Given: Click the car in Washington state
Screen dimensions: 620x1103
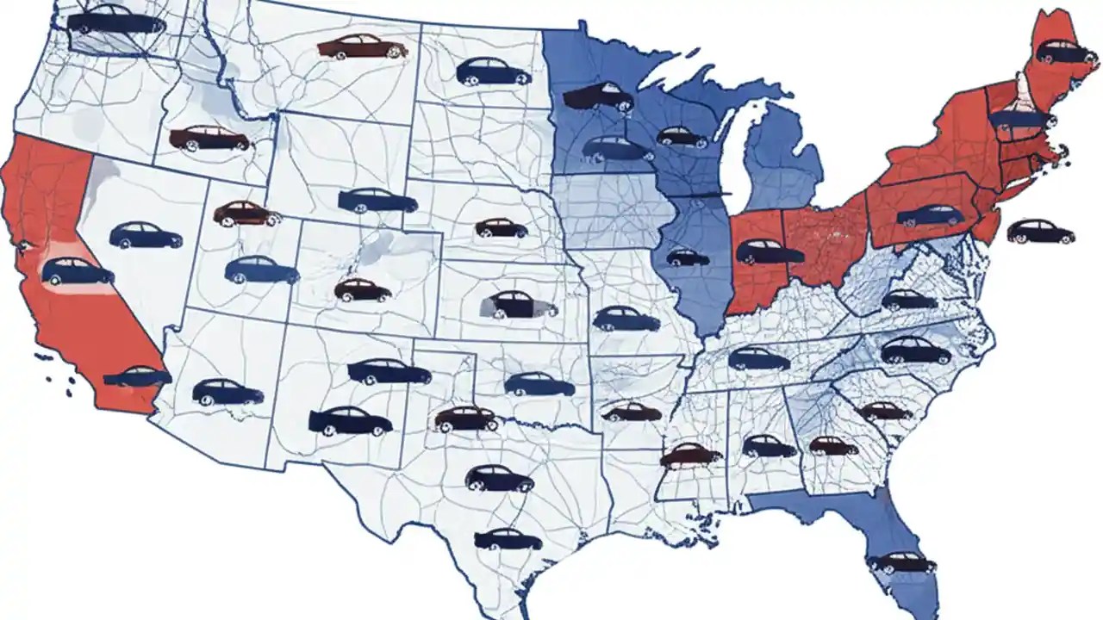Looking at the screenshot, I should tap(115, 24).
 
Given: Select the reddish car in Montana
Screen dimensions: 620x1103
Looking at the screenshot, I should tap(362, 46).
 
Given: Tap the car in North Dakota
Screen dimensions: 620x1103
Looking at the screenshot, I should tap(493, 71).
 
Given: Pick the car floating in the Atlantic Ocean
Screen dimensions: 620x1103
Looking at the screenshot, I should tap(1041, 231).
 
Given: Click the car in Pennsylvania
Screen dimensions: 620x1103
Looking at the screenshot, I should tap(930, 215).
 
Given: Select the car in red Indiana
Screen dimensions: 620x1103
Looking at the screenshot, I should tap(770, 251).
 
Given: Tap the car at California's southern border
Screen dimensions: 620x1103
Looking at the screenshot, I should tap(138, 376).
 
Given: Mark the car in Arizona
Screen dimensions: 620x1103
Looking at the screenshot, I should tap(227, 393).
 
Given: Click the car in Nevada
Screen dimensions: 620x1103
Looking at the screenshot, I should tap(146, 235).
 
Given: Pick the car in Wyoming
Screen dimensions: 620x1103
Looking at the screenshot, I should tap(377, 201).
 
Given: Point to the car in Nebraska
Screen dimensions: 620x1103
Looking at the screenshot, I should tap(501, 228).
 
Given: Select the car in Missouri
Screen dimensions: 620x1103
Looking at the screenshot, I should tap(626, 319).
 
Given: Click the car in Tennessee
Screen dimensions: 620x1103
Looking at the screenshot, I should tap(758, 359).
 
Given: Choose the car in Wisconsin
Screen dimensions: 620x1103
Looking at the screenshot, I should tap(681, 136).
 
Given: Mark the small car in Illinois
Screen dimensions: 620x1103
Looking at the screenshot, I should tap(688, 257).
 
